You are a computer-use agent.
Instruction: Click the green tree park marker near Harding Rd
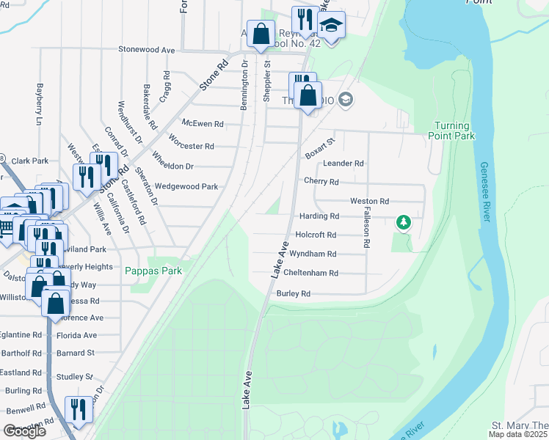pos(402,221)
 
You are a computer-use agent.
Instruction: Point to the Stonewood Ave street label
pos(147,50)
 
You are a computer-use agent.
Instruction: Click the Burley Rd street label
pos(294,293)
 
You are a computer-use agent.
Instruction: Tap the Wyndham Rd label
pos(313,254)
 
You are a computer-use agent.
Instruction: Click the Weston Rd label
pos(369,201)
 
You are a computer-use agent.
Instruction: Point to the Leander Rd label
pos(343,163)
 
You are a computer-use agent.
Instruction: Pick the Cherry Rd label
pos(321,182)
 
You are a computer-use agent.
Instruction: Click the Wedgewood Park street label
pos(186,187)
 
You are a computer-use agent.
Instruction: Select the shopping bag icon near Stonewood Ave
pos(261,33)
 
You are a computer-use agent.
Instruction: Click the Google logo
pos(25,431)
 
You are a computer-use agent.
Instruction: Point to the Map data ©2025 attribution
pos(517,434)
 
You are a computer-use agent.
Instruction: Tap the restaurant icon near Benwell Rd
pos(79,410)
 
